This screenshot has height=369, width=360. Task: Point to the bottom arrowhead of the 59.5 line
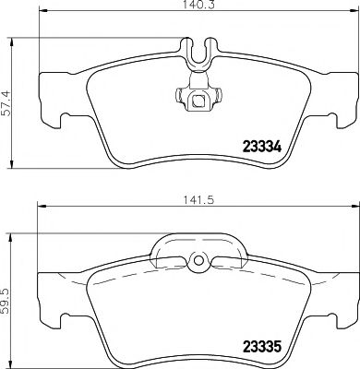[12, 362]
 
